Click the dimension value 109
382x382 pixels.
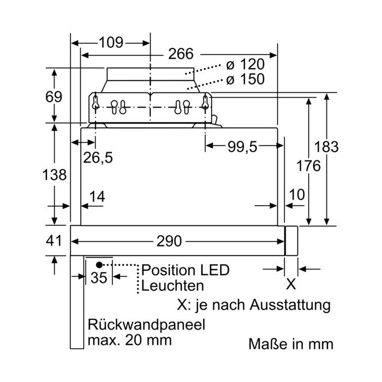pyautogui.click(x=111, y=43)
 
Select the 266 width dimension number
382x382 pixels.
pyautogui.click(x=181, y=53)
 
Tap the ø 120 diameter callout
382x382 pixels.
pyautogui.click(x=246, y=64)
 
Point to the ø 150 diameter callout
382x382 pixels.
pyautogui.click(x=246, y=79)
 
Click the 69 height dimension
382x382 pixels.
pyautogui.click(x=54, y=97)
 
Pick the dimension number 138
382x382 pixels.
pyautogui.click(x=55, y=175)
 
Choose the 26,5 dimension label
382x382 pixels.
pyautogui.click(x=98, y=157)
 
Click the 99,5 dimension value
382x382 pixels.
pyautogui.click(x=242, y=147)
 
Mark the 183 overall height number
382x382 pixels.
pyautogui.click(x=326, y=147)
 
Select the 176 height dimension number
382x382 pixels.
pyautogui.click(x=308, y=166)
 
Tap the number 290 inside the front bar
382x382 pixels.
pyautogui.click(x=169, y=241)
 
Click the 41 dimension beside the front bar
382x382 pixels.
pyautogui.click(x=54, y=241)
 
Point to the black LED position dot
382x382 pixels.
pyautogui.click(x=99, y=265)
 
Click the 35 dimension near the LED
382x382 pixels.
pyautogui.click(x=99, y=277)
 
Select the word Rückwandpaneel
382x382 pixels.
pyautogui.click(x=146, y=325)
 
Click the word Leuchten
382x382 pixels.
pyautogui.click(x=172, y=285)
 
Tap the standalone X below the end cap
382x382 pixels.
pyautogui.click(x=291, y=284)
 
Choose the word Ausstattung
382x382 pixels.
pyautogui.click(x=290, y=305)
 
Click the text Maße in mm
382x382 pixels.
pyautogui.click(x=291, y=344)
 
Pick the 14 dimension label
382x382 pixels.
pyautogui.click(x=97, y=196)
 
